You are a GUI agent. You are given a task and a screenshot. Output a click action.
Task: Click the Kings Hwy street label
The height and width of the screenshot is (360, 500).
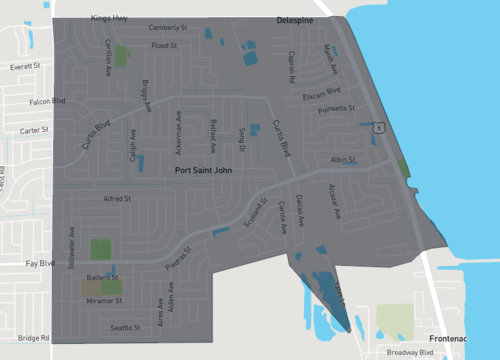pos(111,19)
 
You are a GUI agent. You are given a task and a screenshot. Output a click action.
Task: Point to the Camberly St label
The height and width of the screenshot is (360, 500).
pos(168,28)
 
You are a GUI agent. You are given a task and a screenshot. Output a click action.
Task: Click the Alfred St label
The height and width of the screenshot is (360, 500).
pos(118,199)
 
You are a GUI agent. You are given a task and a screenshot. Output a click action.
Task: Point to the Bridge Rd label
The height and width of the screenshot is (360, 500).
pos(33,339)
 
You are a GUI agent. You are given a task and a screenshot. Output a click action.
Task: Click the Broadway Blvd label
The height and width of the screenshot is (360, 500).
pos(412,352)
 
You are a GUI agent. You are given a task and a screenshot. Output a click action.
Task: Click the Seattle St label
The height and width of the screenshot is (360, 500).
pos(126,327)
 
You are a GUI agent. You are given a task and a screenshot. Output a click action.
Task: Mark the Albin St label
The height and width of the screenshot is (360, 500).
pos(342,160)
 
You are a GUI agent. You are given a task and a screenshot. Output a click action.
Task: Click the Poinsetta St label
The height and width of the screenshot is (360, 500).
pos(339,108)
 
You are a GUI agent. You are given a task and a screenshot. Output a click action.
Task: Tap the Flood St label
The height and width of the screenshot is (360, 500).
pos(164,46)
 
